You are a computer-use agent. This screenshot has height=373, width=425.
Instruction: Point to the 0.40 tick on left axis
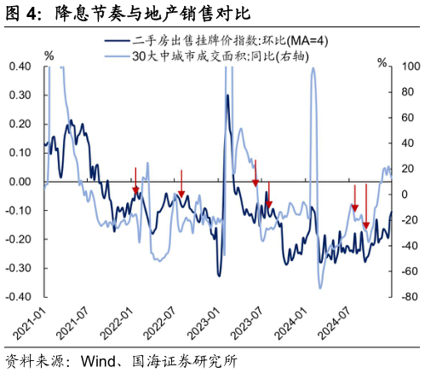20,67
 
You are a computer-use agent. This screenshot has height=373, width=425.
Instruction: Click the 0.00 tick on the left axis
20,182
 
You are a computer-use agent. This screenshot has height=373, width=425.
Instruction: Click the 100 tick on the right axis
405,67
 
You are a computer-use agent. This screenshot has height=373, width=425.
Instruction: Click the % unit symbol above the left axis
49,55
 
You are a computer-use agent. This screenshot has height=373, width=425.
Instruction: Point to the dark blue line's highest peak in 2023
227,96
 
